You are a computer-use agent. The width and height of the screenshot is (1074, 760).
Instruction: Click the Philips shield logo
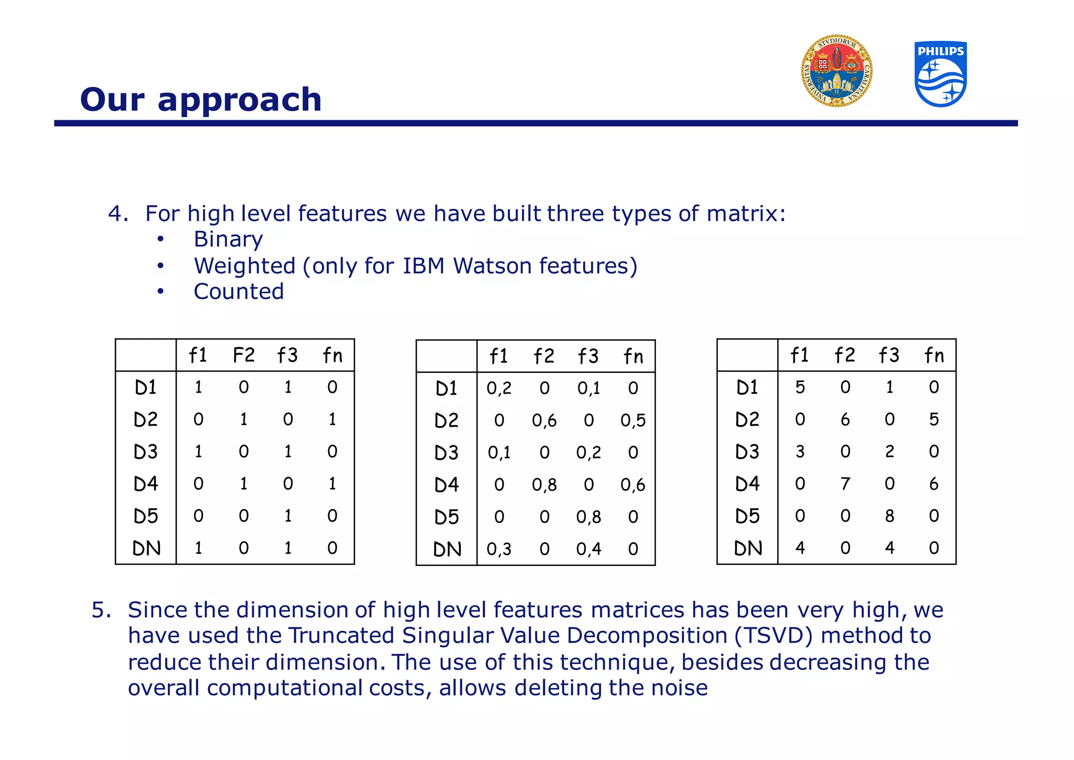coord(941,74)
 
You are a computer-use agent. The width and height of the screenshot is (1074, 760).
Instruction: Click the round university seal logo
coord(837,71)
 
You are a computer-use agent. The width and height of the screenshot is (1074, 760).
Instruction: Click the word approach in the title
coord(239,100)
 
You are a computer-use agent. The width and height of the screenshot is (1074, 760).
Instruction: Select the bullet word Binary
coord(228,239)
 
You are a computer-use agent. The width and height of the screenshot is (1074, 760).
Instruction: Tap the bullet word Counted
coord(239,292)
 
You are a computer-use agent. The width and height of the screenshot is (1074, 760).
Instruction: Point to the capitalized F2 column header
coord(244,356)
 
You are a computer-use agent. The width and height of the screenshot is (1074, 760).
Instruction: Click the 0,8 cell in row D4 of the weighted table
coord(544,485)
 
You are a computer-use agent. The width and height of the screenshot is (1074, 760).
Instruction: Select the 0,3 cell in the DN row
coord(499,550)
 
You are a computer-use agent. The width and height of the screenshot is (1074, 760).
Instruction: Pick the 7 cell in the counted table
coord(845,484)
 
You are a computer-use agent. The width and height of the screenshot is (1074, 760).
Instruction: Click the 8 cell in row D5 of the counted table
coord(889,516)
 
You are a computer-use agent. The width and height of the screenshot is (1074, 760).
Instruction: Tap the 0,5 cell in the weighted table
coord(633,420)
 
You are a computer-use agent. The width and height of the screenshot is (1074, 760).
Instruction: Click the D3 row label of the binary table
coord(146,452)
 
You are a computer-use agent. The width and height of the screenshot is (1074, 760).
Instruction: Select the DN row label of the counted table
coord(748,548)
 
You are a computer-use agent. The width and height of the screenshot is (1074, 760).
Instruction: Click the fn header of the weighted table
coord(633,357)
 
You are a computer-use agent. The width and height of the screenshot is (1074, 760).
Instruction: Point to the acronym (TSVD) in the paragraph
coord(774,636)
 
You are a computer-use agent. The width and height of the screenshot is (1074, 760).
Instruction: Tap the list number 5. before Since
coord(101,610)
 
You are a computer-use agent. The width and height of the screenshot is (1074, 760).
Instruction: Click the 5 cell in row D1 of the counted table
coord(800,387)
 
